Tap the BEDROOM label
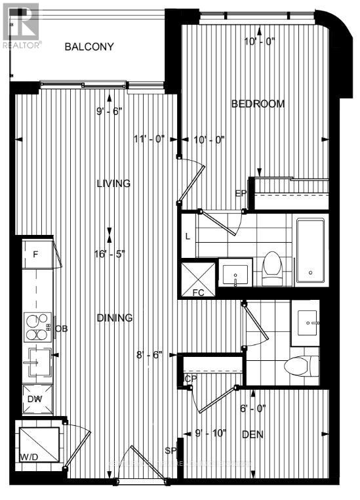(258, 104)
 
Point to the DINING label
(115, 318)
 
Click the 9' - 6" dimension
(109, 111)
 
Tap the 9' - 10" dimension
(210, 432)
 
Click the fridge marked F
(35, 254)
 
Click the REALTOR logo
(20, 26)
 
